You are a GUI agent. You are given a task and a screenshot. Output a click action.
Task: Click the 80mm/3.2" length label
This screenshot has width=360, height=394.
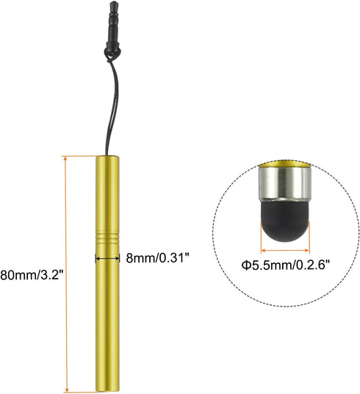(32, 275)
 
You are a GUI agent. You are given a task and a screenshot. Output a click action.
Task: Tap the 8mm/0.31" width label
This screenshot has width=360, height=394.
(157, 257)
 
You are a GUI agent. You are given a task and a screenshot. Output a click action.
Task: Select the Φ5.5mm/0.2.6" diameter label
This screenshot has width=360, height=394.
(286, 265)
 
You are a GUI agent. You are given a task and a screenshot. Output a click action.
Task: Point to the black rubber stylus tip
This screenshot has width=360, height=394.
(285, 220)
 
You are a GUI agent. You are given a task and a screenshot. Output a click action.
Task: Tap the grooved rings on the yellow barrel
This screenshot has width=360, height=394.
(107, 238)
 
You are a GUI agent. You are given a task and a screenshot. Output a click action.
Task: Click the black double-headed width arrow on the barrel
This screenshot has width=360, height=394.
(107, 258)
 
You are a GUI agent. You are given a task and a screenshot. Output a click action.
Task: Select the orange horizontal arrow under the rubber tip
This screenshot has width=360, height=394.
(285, 250)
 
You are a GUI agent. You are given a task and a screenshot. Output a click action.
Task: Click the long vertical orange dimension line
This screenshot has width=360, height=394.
(66, 273)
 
